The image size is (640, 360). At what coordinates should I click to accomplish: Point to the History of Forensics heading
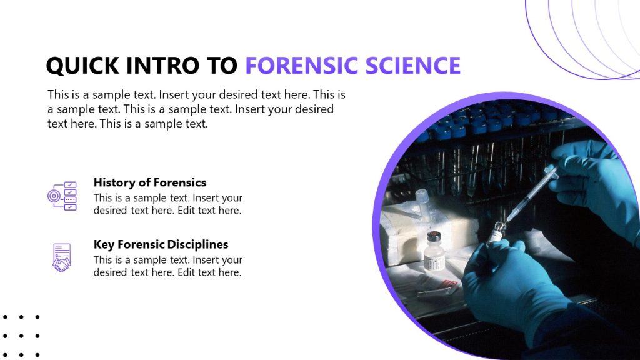(x=149, y=182)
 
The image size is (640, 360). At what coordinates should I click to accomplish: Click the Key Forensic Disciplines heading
(x=161, y=244)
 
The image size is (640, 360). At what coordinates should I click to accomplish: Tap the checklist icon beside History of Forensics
(x=62, y=196)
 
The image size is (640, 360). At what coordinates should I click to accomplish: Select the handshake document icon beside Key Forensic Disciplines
(x=61, y=257)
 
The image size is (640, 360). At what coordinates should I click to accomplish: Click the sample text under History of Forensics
(x=167, y=204)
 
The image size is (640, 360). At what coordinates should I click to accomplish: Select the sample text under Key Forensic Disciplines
(x=167, y=266)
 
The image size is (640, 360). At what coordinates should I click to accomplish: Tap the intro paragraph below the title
(x=196, y=109)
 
